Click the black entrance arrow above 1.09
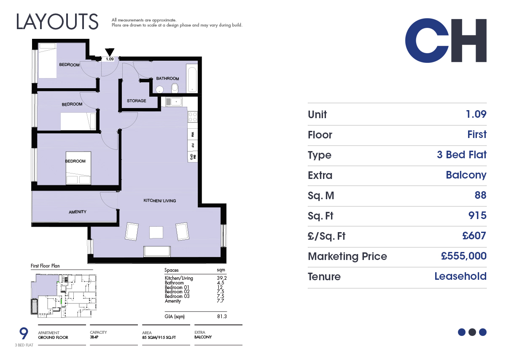point(110,52)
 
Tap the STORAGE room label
point(137,101)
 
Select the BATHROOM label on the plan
point(168,78)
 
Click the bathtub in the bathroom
point(192,78)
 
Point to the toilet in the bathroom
point(175,88)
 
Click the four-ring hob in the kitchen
point(193,117)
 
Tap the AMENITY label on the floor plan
point(78,212)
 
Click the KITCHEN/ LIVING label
point(160,200)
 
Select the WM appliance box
point(193,135)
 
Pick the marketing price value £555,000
point(463,256)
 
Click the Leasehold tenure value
point(460,276)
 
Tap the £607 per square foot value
point(474,236)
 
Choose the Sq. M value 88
point(480,195)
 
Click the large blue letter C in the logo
point(427,41)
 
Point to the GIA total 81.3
point(222,317)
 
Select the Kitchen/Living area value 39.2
point(222,278)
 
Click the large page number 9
point(24,333)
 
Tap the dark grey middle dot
point(472,332)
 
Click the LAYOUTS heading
point(57,22)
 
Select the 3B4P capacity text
point(94,337)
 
